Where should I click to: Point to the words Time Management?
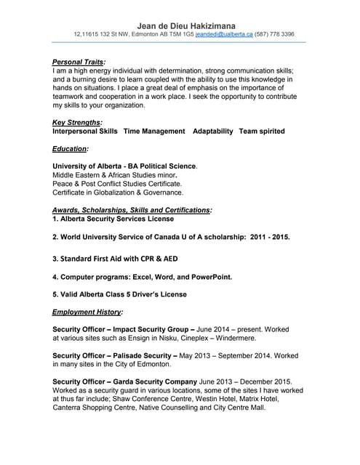tap(154, 132)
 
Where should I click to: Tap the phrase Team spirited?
tap(263, 132)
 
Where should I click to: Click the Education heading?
tap(71, 149)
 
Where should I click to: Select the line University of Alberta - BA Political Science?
tap(124, 166)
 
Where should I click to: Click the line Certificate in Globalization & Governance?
tap(118, 193)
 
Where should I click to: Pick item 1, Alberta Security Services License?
tap(113, 219)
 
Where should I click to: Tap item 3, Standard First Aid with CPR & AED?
tap(115, 258)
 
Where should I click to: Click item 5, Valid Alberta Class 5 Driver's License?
tap(120, 295)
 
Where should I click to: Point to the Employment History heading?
tap(88, 312)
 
